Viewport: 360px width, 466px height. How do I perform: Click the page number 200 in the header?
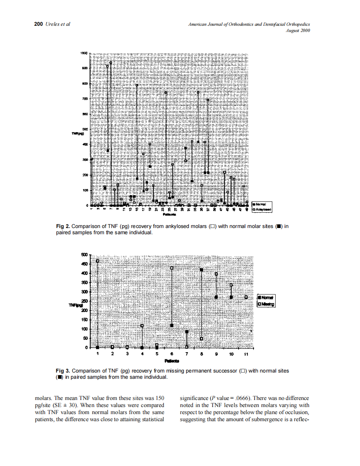38,24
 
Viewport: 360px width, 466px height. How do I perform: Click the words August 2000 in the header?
298,30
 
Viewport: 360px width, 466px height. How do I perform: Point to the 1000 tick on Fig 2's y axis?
83,53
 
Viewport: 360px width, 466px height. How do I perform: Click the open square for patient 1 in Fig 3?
98,261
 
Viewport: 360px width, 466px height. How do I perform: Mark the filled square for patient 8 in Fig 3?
201,270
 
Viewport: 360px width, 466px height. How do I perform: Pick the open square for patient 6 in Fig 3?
172,268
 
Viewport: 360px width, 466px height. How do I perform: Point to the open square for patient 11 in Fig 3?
246,297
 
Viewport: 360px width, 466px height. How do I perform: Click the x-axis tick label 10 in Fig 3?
231,355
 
